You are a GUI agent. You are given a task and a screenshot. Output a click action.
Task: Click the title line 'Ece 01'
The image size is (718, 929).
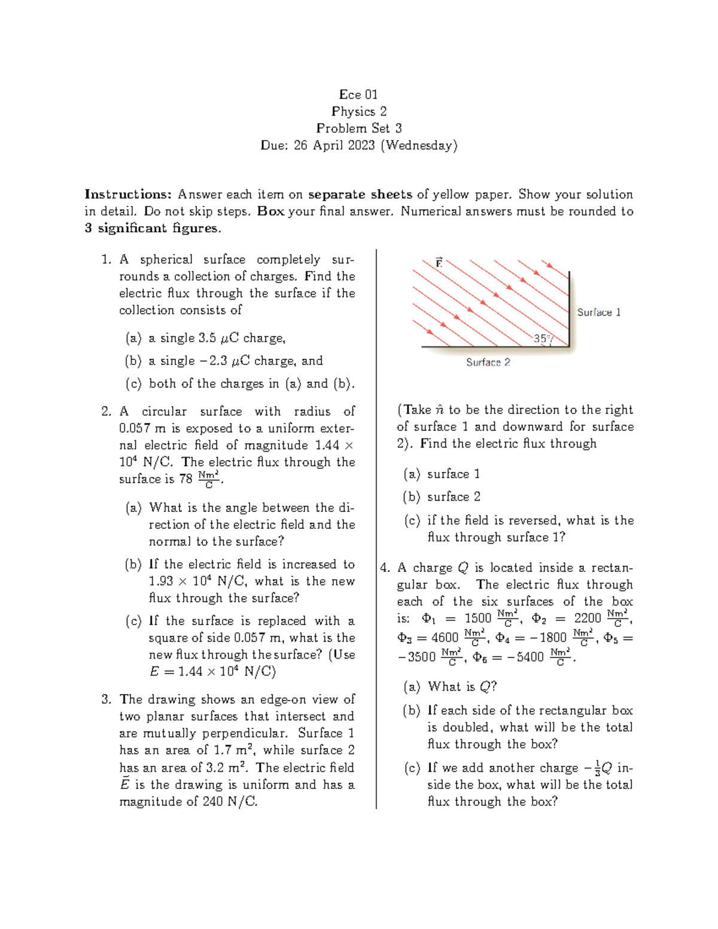click(x=358, y=95)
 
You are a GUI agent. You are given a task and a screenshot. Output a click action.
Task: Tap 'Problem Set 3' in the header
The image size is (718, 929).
click(x=358, y=128)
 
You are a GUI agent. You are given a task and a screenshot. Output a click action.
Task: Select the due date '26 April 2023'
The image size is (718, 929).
click(x=334, y=145)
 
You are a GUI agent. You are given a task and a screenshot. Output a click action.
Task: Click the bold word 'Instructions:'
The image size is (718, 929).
click(x=128, y=194)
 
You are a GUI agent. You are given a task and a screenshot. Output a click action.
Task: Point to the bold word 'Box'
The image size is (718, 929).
click(x=270, y=211)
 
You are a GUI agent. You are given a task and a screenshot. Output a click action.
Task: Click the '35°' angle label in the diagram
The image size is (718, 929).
click(x=541, y=339)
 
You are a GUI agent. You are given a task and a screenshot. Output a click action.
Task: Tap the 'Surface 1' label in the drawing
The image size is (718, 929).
click(x=598, y=312)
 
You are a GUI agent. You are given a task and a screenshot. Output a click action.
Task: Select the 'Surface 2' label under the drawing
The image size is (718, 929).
click(x=488, y=363)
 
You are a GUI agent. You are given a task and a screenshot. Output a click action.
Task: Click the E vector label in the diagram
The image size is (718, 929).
click(x=439, y=263)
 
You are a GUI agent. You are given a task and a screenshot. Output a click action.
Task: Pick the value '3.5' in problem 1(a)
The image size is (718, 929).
click(x=207, y=338)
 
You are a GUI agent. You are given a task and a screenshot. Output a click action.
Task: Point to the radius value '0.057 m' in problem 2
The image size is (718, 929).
click(x=142, y=428)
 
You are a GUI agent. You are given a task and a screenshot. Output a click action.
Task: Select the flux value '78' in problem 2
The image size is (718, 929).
click(x=185, y=479)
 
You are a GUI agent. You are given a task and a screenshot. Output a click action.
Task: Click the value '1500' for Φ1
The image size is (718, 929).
click(x=477, y=618)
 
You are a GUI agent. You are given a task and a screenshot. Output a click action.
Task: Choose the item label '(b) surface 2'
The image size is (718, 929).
click(x=442, y=497)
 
